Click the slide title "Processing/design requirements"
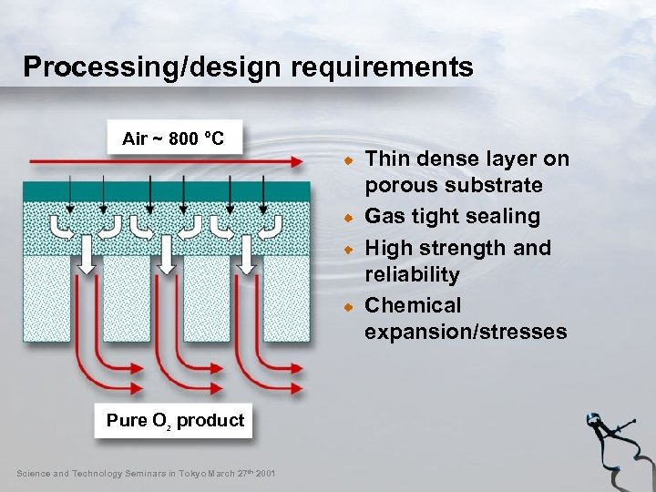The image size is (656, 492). (248, 67)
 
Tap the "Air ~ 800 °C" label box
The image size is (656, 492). (173, 139)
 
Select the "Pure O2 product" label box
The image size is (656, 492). (175, 420)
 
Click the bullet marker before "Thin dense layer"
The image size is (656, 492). (348, 160)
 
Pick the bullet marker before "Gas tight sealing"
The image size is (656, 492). (348, 218)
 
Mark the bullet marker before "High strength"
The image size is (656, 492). (348, 249)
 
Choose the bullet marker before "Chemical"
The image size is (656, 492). (348, 307)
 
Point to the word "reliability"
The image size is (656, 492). (412, 274)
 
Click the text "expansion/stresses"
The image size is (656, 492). (466, 332)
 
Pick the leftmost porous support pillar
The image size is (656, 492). (42, 301)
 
